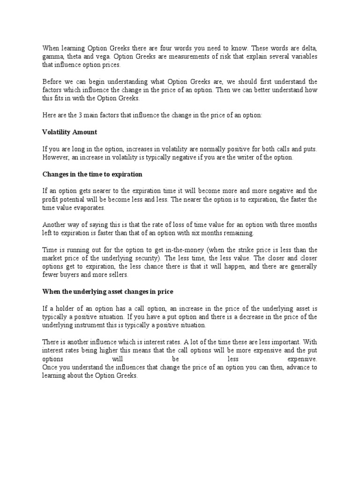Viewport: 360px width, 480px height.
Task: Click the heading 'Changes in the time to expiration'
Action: (92, 174)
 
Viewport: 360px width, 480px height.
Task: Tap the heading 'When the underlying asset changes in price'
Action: (108, 292)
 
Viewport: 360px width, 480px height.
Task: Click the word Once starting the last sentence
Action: (50, 367)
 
